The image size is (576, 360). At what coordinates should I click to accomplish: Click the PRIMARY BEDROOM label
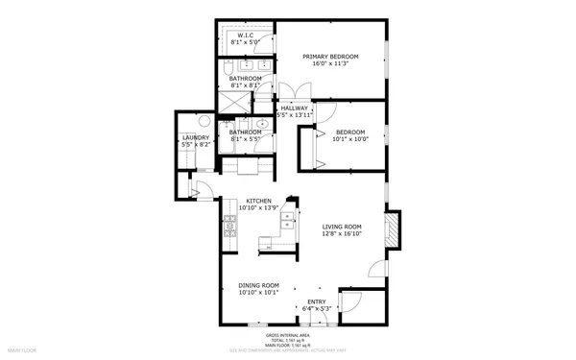tap(330, 57)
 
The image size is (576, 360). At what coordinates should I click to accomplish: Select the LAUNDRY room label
tap(195, 137)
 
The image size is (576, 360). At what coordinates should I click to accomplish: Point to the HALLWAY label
tap(293, 108)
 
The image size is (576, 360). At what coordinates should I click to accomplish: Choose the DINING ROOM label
tap(258, 285)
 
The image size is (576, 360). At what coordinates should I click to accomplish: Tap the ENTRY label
tap(317, 301)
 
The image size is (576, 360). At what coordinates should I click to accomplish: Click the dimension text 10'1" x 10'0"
tap(350, 139)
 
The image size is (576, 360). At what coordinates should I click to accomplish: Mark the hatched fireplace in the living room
tap(391, 230)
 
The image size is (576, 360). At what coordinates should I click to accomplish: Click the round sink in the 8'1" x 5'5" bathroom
tap(261, 125)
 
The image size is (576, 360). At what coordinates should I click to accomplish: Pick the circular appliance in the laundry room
tap(204, 122)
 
